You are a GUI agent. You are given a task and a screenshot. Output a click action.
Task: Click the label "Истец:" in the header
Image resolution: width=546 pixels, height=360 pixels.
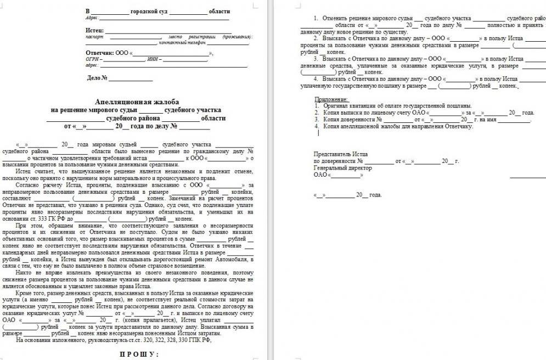(x=95, y=30)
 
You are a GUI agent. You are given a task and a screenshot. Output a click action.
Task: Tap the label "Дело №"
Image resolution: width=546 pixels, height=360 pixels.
(x=97, y=78)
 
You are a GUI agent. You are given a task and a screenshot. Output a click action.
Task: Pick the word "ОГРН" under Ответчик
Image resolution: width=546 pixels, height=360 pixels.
(x=92, y=59)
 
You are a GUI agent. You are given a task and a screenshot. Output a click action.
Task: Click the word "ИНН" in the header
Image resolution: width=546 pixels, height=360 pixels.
(x=152, y=59)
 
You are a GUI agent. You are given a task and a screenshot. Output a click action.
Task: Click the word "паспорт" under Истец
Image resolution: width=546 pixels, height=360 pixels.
(x=94, y=36)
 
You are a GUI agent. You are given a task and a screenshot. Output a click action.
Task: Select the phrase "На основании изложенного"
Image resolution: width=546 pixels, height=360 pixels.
(x=52, y=340)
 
